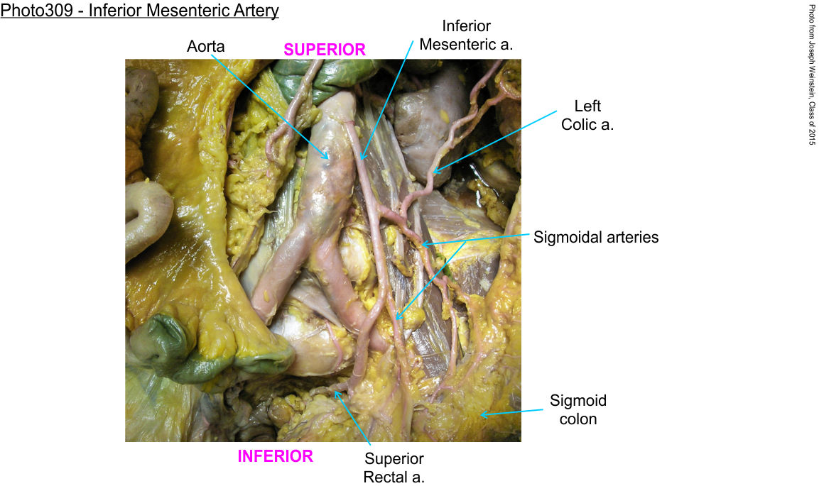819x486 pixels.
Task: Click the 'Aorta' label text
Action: tap(206, 46)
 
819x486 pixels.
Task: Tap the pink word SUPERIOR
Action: tap(325, 50)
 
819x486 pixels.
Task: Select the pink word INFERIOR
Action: tap(276, 456)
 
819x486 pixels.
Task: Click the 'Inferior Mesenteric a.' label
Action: tap(466, 35)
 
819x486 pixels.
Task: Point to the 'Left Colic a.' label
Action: tap(587, 115)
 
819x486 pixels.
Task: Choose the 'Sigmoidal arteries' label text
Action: tap(596, 237)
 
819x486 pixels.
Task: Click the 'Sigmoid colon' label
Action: tap(578, 410)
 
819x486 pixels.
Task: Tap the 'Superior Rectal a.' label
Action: tap(394, 468)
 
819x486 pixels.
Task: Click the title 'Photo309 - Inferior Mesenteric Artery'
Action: tap(139, 11)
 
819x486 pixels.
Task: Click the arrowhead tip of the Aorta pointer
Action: tap(328, 159)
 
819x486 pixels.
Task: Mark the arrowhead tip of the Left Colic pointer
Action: tap(433, 172)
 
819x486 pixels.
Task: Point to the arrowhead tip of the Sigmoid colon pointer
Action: tap(481, 415)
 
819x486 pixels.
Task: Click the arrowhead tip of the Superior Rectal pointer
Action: tap(335, 391)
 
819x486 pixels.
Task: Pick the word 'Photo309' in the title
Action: tap(36, 11)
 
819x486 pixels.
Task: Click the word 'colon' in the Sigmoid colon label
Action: tap(578, 419)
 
